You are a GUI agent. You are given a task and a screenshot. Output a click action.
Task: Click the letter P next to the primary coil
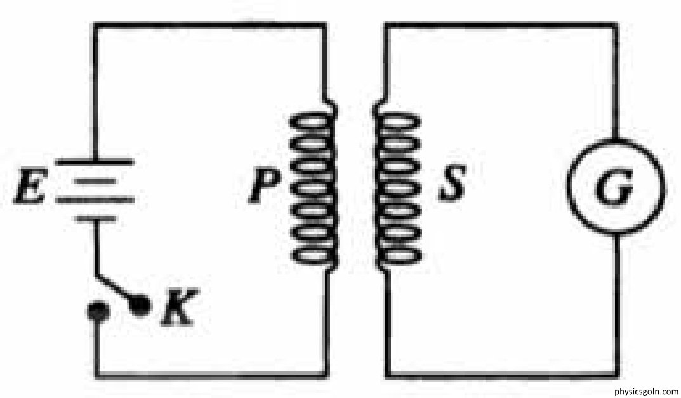[261, 186]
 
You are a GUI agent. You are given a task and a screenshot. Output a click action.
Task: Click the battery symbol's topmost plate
[95, 162]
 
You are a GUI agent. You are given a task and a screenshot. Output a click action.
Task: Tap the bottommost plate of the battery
[95, 219]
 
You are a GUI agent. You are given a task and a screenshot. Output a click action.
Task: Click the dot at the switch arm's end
[140, 306]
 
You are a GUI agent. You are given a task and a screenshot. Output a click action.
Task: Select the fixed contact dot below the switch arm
[96, 312]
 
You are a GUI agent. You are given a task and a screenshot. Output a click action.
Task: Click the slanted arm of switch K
[116, 290]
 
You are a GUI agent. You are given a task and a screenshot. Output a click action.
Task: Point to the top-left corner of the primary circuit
[95, 25]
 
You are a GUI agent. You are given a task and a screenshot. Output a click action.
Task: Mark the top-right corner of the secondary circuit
[615, 25]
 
